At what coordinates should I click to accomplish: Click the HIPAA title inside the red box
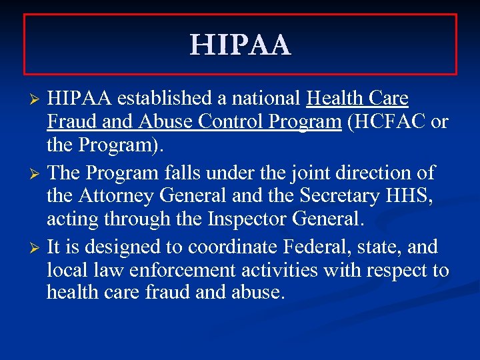(x=240, y=45)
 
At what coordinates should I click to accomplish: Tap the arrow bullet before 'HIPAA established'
(x=37, y=100)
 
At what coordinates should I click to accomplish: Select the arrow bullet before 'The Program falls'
(x=37, y=174)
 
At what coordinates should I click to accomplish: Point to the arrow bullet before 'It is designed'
(x=37, y=248)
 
